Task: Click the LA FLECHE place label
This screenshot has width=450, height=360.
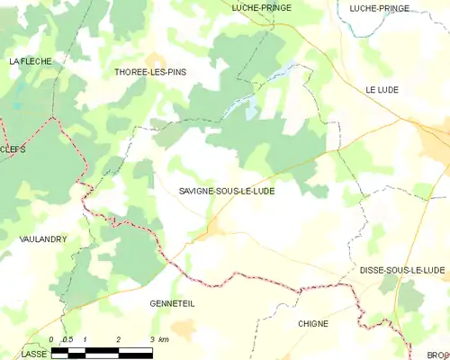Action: [x=31, y=61]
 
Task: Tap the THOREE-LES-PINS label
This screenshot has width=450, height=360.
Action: [x=151, y=72]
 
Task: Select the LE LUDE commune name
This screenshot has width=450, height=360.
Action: [x=382, y=90]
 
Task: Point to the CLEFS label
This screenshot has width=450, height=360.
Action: [x=13, y=151]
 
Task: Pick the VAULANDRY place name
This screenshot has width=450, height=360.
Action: [x=42, y=239]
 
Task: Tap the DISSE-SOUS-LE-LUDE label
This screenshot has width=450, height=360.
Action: [x=402, y=270]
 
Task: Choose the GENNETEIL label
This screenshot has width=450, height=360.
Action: [x=172, y=304]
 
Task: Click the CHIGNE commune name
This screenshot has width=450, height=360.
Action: [x=312, y=323]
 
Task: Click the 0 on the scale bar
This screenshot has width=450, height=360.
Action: [x=52, y=339]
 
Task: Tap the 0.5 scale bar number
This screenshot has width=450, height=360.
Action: [x=67, y=339]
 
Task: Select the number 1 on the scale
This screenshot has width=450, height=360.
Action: [x=85, y=339]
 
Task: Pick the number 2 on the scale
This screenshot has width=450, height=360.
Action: [x=119, y=339]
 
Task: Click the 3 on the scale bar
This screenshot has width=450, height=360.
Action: [x=151, y=339]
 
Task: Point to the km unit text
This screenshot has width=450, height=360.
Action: [x=163, y=339]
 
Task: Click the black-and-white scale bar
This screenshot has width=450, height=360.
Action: [x=102, y=350]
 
